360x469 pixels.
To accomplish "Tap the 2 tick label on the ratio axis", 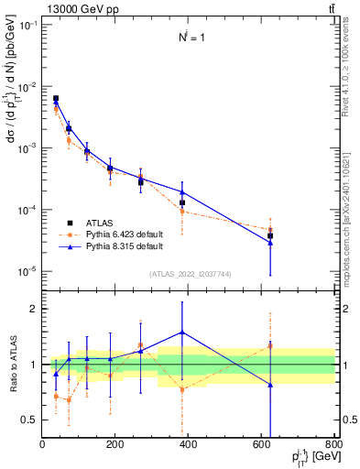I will (36, 310).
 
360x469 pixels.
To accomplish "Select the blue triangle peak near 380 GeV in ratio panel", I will (182, 333).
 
